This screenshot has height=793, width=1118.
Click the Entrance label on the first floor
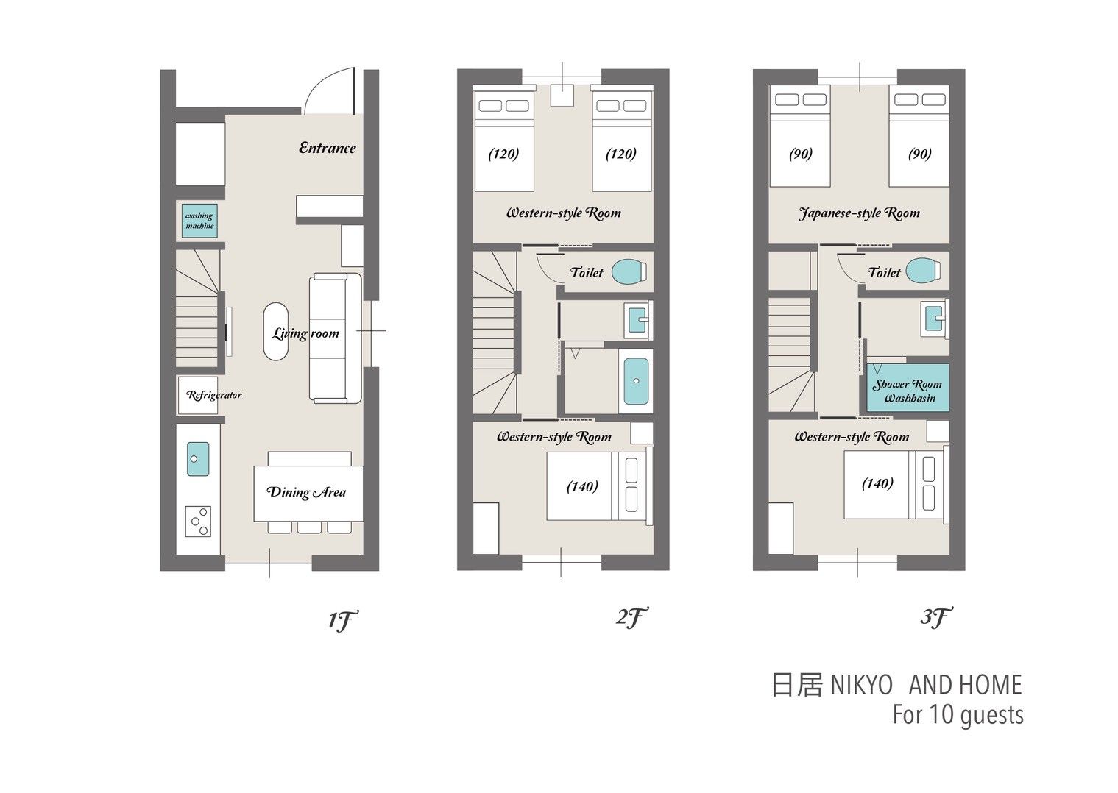(328, 148)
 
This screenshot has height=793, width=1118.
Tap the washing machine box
(199, 221)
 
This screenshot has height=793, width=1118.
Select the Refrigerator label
(213, 396)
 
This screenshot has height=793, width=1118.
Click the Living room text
(305, 333)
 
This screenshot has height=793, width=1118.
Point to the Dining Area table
(308, 494)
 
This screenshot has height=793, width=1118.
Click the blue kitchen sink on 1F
(198, 459)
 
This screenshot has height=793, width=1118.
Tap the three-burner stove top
(198, 522)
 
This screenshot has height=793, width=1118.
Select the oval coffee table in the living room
(276, 332)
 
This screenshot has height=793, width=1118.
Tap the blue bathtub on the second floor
(636, 381)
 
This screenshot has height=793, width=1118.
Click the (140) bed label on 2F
(582, 486)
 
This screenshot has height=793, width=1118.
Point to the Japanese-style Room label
(859, 213)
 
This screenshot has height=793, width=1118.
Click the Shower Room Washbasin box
(908, 388)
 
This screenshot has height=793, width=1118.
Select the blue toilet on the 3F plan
(924, 271)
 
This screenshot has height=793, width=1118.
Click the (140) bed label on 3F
(878, 483)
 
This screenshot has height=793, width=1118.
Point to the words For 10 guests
(958, 715)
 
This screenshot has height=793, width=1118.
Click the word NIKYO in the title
(861, 685)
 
